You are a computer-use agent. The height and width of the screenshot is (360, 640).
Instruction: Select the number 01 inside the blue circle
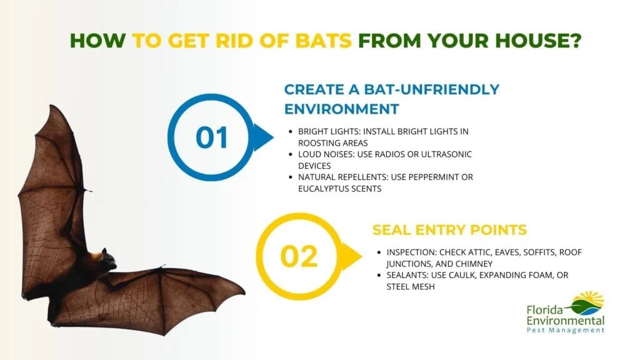(212, 137)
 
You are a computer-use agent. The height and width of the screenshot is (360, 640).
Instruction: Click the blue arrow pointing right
(262, 137)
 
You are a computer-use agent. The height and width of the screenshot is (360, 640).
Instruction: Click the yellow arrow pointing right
(350, 257)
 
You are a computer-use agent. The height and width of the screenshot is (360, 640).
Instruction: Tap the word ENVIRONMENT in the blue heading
(341, 109)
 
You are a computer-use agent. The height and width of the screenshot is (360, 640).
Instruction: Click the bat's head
(107, 258)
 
